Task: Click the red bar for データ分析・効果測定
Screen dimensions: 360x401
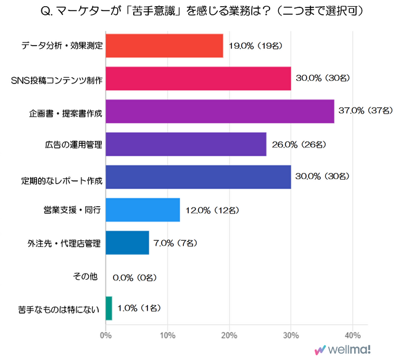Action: tap(164, 46)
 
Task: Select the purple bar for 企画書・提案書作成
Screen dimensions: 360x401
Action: tap(220, 111)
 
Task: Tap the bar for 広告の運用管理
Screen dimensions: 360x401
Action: tap(186, 144)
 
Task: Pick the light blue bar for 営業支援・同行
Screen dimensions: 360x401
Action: tap(143, 210)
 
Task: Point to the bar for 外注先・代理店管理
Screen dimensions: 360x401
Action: tap(127, 243)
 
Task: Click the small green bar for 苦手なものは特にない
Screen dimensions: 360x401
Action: tap(109, 308)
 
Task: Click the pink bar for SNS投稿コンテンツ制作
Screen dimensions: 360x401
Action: tap(198, 78)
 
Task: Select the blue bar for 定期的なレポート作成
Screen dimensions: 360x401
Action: tap(198, 177)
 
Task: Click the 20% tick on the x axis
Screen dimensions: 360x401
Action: tap(229, 335)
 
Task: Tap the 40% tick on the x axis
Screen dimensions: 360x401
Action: tap(352, 335)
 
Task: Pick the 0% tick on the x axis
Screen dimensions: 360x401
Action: tap(105, 335)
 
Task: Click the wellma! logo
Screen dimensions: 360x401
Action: tap(344, 350)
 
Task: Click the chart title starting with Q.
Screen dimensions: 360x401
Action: tap(200, 12)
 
